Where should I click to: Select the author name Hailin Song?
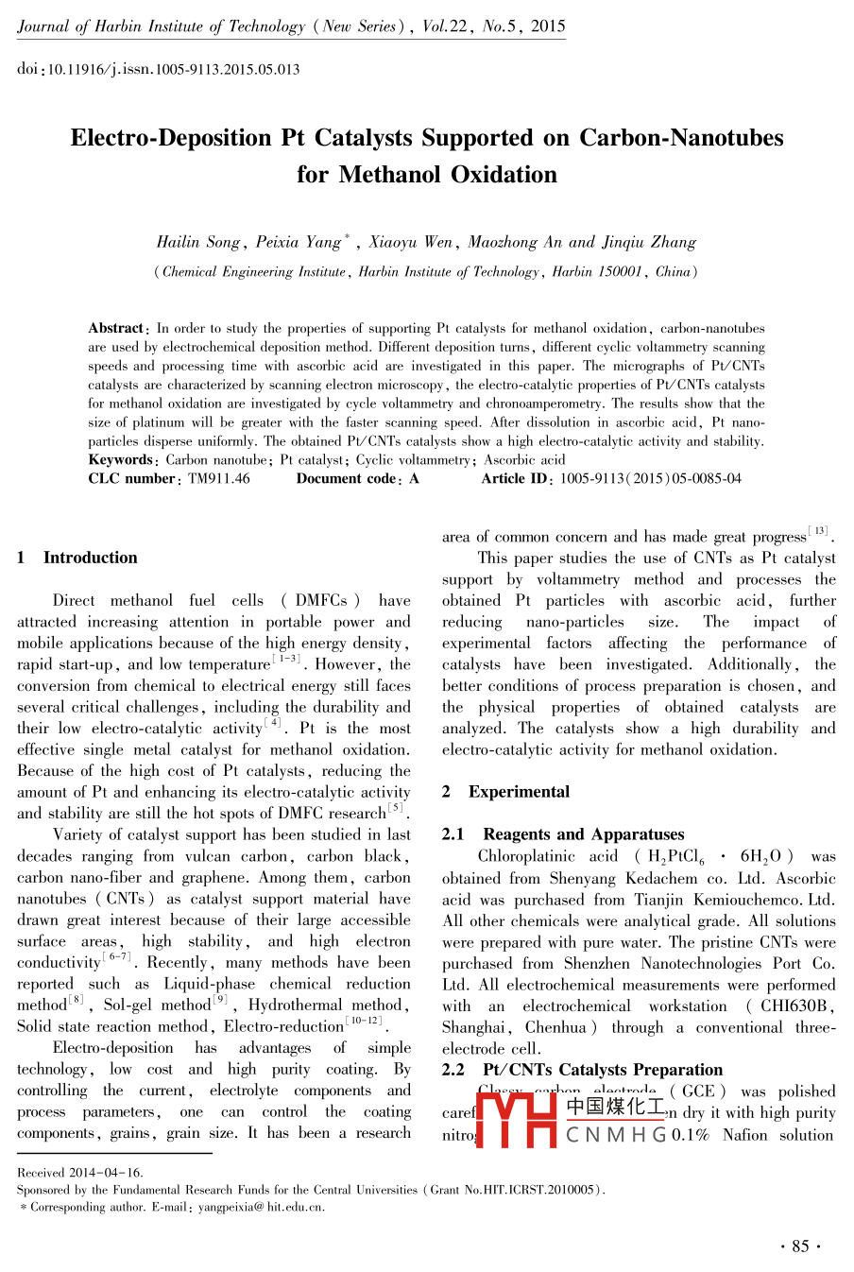(x=198, y=242)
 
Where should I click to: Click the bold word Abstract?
(x=116, y=328)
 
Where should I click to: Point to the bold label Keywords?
(x=121, y=460)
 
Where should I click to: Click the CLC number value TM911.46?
(x=219, y=478)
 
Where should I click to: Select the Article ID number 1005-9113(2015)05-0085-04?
(x=651, y=478)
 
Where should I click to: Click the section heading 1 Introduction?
(x=77, y=558)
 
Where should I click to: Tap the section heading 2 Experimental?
(x=506, y=792)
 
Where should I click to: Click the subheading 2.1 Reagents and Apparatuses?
(x=563, y=834)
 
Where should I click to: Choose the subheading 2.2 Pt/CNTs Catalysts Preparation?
(x=582, y=1070)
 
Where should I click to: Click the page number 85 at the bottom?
(x=800, y=1246)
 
